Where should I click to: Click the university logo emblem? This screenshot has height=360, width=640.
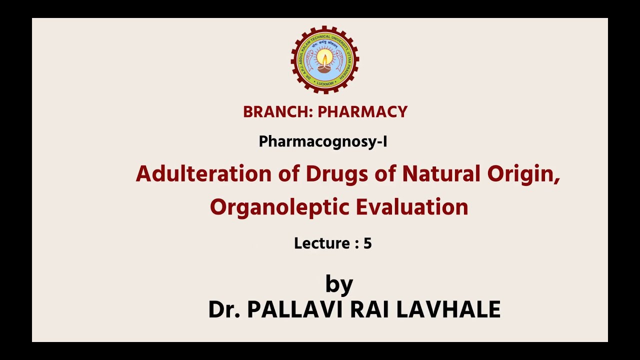(x=325, y=60)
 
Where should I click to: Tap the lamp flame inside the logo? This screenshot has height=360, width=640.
(x=325, y=59)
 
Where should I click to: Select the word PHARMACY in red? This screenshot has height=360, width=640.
(x=362, y=112)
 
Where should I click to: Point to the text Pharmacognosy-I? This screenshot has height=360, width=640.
(x=323, y=142)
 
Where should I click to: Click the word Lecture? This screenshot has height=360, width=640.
(x=321, y=243)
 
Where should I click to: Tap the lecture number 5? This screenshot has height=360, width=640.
(x=367, y=243)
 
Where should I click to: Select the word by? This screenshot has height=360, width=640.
(x=339, y=284)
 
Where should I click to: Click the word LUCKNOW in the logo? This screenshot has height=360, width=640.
(x=325, y=83)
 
